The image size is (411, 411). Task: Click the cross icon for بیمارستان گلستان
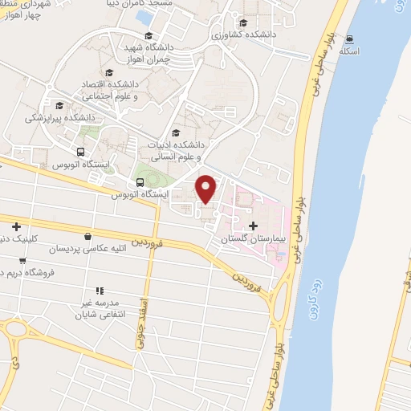click(x=254, y=226)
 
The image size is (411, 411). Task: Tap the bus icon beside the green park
click(x=140, y=182)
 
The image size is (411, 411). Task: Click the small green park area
click(x=146, y=172)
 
